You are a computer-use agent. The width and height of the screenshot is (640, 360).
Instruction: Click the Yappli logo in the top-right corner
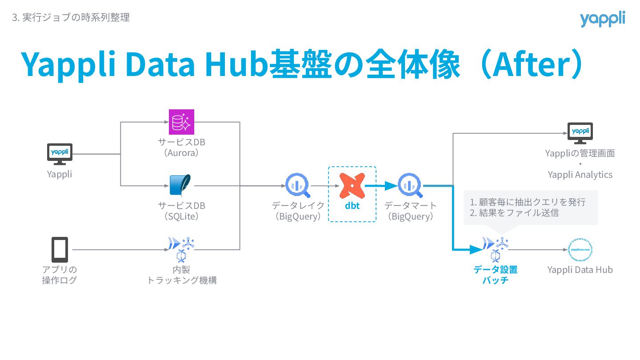[602, 19]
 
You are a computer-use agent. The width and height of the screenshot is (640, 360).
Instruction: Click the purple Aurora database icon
[181, 121]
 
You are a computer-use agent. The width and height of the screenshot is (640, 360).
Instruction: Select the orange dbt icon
[352, 185]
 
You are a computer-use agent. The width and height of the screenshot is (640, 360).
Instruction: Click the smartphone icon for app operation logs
[60, 249]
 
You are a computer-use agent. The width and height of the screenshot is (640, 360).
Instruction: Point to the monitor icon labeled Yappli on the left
[60, 153]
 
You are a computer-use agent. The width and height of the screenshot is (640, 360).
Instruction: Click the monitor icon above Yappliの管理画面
[580, 133]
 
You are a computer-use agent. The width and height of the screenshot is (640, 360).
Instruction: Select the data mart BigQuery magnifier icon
[410, 186]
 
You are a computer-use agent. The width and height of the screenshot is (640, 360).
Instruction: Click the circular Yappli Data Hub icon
[580, 250]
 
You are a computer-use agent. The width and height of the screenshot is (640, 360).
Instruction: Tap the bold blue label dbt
[352, 206]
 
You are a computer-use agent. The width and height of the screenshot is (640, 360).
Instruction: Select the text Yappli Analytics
[580, 175]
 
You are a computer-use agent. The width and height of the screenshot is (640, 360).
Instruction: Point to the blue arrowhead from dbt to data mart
[391, 186]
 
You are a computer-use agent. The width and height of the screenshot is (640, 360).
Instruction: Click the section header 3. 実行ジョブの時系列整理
[71, 18]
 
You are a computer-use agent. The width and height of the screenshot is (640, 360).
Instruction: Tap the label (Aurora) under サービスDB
[181, 153]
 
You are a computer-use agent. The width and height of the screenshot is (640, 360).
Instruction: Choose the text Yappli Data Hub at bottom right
[580, 270]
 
